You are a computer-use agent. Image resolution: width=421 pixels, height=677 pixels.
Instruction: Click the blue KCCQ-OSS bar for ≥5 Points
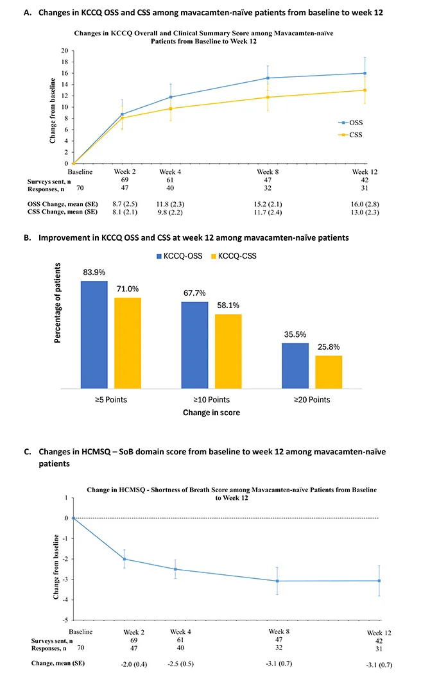click(94, 334)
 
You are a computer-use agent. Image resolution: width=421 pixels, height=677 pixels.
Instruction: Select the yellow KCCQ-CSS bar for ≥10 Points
click(228, 351)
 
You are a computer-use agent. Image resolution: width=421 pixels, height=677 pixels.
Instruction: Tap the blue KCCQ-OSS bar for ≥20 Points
click(295, 365)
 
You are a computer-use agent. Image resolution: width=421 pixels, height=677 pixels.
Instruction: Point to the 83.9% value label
click(94, 271)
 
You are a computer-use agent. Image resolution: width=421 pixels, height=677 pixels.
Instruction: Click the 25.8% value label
click(329, 346)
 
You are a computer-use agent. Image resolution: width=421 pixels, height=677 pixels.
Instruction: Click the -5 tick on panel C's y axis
click(64, 621)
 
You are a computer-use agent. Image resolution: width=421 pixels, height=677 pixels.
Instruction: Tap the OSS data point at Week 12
click(365, 73)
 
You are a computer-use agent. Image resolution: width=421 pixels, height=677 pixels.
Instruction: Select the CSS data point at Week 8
click(268, 97)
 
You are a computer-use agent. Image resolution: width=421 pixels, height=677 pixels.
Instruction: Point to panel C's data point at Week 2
click(125, 559)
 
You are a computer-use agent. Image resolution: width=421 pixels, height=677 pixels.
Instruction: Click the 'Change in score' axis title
click(210, 413)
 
